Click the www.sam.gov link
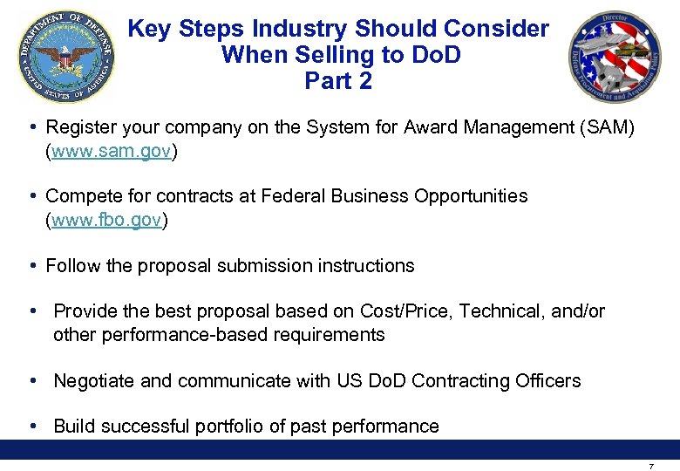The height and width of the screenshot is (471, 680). pos(112,151)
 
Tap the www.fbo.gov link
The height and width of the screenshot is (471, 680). pos(106,220)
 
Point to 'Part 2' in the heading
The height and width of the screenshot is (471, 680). pos(338,81)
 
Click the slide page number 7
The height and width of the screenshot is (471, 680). pos(651,466)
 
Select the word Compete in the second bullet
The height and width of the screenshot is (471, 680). pos(82,196)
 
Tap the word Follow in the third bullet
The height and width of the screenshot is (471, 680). pos(72,265)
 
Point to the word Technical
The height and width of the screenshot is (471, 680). pos(500,311)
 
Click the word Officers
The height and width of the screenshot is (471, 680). pos(547,381)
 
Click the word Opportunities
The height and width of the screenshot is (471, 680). pos(470,196)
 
